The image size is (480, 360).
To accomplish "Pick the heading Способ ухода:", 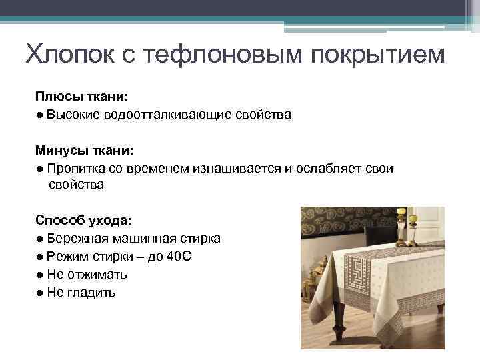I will (83, 219).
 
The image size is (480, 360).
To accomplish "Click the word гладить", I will (91, 292).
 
